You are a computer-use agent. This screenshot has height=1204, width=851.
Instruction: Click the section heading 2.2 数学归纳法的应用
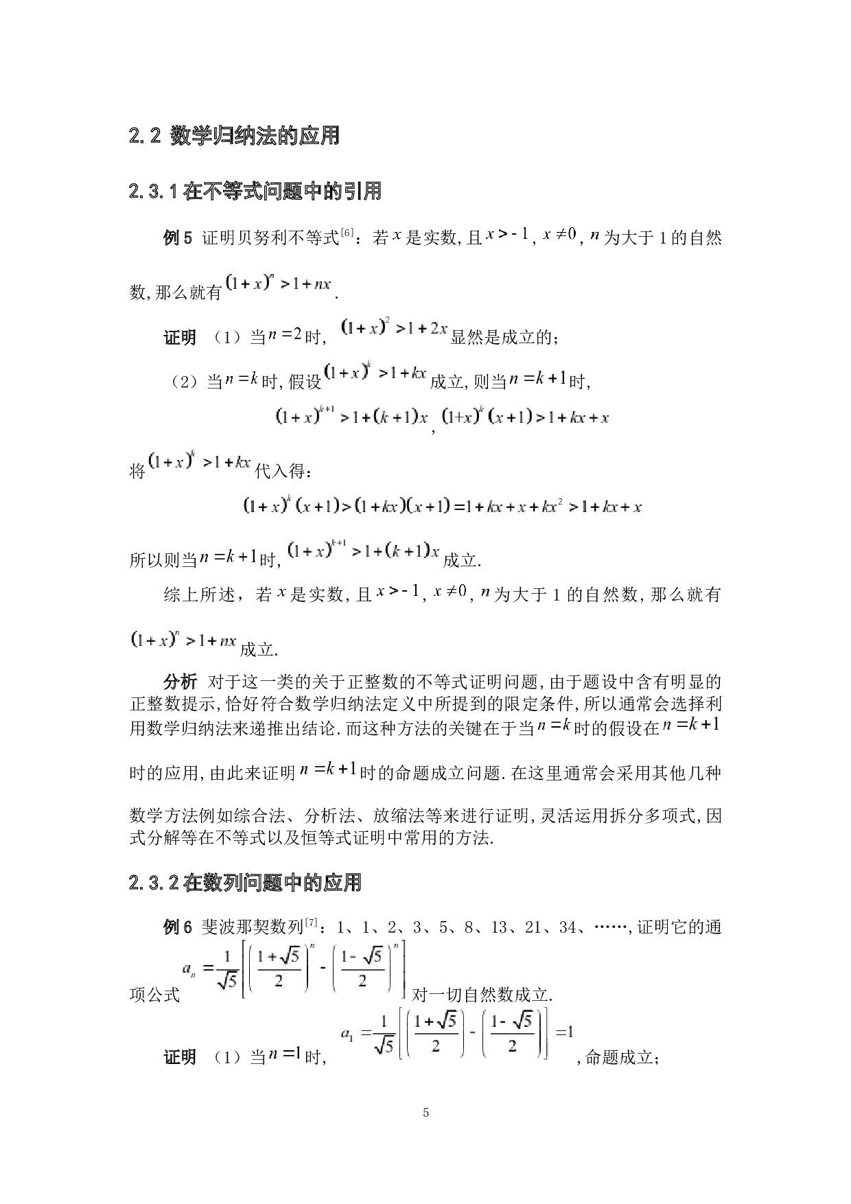click(234, 136)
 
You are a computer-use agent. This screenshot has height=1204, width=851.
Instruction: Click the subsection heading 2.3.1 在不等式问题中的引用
click(255, 191)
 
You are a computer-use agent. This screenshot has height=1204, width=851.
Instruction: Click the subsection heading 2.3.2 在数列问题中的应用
click(244, 883)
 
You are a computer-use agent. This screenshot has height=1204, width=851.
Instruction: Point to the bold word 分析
click(180, 682)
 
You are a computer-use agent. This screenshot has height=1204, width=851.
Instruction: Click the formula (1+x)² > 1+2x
click(394, 329)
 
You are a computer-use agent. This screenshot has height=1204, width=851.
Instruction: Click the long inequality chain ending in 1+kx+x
click(442, 507)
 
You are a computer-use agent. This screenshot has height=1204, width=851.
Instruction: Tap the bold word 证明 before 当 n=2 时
click(180, 338)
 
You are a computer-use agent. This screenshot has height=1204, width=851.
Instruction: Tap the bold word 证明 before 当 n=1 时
click(180, 1058)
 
